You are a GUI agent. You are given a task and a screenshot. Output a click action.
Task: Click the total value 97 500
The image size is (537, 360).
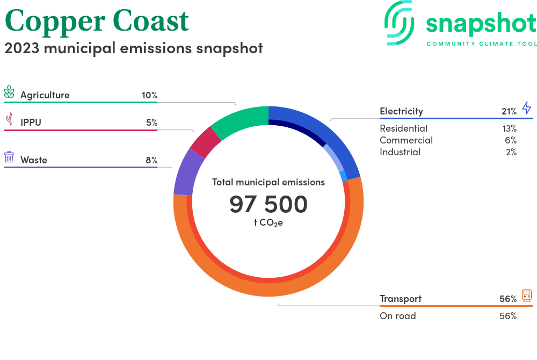[x=268, y=204]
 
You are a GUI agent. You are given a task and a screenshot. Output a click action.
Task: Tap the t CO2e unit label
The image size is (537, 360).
[x=268, y=222]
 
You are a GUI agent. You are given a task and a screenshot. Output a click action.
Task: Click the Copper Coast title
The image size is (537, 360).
[x=97, y=20]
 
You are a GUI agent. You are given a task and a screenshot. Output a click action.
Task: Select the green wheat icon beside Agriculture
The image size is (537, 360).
[x=9, y=92]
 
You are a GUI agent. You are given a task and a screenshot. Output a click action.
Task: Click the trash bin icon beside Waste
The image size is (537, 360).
[x=9, y=156]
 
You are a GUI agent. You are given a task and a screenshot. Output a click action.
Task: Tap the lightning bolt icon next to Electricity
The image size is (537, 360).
[x=527, y=107]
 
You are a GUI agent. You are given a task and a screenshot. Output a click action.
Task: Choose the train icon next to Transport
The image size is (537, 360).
[x=527, y=296]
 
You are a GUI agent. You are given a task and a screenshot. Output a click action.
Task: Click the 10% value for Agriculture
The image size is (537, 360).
[x=149, y=95]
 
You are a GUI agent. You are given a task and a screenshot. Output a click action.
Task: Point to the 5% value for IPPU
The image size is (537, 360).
[x=152, y=123]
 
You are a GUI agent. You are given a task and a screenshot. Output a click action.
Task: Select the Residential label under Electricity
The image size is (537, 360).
[x=403, y=128]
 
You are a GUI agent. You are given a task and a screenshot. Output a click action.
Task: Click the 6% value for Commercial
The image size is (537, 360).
[x=511, y=140]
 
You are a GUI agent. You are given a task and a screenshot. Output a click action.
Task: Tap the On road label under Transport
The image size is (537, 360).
[x=397, y=316]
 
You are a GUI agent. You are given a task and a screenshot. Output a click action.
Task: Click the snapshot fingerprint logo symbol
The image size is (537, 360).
[x=399, y=23]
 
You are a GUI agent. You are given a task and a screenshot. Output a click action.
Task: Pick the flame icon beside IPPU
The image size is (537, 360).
[x=10, y=119]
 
